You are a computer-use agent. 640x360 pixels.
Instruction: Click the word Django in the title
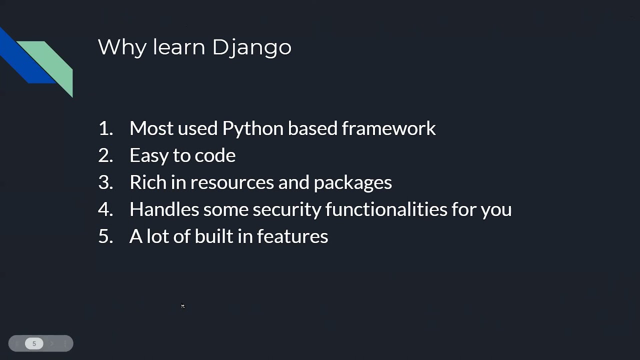point(251,47)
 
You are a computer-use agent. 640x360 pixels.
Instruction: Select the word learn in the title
point(179,47)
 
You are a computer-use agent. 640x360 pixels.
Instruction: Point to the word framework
point(388,128)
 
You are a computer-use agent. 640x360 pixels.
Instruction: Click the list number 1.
point(105,128)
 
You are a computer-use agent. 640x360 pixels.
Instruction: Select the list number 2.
point(105,155)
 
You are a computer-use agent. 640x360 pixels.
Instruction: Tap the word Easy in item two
point(149,155)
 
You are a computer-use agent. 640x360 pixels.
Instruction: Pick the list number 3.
point(105,182)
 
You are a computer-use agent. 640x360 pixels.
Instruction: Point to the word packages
point(352,183)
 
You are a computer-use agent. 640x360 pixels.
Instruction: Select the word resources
point(231,183)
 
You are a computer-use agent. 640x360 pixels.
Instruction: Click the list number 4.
point(105,209)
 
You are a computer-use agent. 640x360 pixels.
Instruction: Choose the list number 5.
point(105,236)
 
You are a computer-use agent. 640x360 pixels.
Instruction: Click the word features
point(292,236)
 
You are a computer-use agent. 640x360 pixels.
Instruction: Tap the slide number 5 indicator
point(34,343)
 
